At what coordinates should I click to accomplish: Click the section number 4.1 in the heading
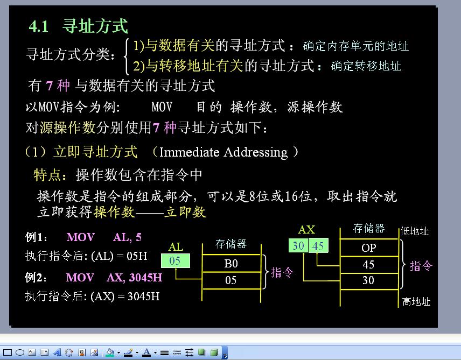[x=39, y=26]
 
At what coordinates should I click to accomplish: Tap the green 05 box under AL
[x=176, y=260]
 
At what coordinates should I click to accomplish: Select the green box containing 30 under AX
[x=298, y=245]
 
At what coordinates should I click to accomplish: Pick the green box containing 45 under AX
[x=318, y=245]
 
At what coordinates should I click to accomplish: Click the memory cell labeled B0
[x=232, y=263]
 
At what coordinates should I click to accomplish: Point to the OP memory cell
[x=369, y=248]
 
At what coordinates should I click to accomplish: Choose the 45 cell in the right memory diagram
[x=369, y=265]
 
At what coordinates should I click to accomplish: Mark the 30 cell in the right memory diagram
[x=369, y=281]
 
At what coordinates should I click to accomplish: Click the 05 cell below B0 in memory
[x=232, y=280]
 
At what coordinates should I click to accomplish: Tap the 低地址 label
[x=415, y=231]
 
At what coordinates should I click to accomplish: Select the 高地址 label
[x=416, y=301]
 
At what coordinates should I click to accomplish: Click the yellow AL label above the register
[x=176, y=247]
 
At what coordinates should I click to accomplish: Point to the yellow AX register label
[x=306, y=230]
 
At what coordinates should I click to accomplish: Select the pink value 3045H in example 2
[x=145, y=278]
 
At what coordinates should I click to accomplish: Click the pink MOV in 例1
[x=81, y=237]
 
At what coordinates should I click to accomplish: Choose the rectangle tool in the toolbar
[x=8, y=352]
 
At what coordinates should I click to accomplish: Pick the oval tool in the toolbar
[x=20, y=352]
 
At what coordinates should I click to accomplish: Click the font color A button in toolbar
[x=146, y=352]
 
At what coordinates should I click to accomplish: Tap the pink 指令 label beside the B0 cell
[x=282, y=272]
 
